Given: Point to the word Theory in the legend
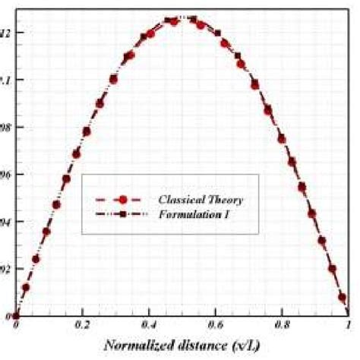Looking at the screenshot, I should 229,199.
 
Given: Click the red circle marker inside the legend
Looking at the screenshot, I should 122,199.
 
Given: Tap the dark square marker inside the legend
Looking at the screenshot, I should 122,216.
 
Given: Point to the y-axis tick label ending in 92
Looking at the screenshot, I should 6,268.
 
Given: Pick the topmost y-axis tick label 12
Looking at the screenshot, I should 6,33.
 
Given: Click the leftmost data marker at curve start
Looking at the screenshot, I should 16,315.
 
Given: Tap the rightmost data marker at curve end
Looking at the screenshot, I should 343,298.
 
